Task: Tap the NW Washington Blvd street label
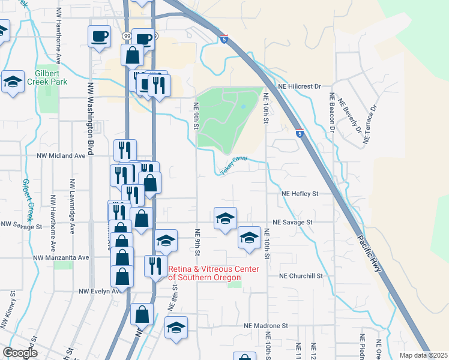tap(91, 119)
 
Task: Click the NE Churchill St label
tap(301, 277)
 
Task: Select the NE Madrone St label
tap(266, 326)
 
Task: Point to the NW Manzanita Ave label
tap(61, 257)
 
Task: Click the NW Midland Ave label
tap(60, 155)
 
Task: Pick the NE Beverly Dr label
tap(349, 117)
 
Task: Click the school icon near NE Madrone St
tap(176, 327)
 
